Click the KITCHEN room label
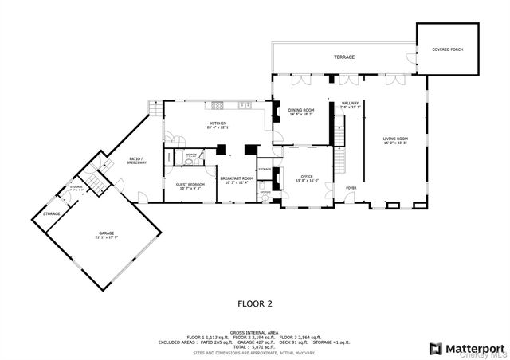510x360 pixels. click(218, 123)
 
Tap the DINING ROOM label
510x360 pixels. click(301, 110)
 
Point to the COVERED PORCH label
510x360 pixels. click(447, 49)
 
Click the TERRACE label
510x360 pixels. click(344, 57)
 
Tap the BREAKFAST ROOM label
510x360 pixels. click(237, 178)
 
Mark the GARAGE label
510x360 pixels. click(106, 233)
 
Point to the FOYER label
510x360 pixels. click(351, 188)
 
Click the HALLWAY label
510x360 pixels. click(351, 103)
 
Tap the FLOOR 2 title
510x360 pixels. click(255, 303)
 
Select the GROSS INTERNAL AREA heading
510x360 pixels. click(255, 331)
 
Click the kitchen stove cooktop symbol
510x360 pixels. click(216, 105)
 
